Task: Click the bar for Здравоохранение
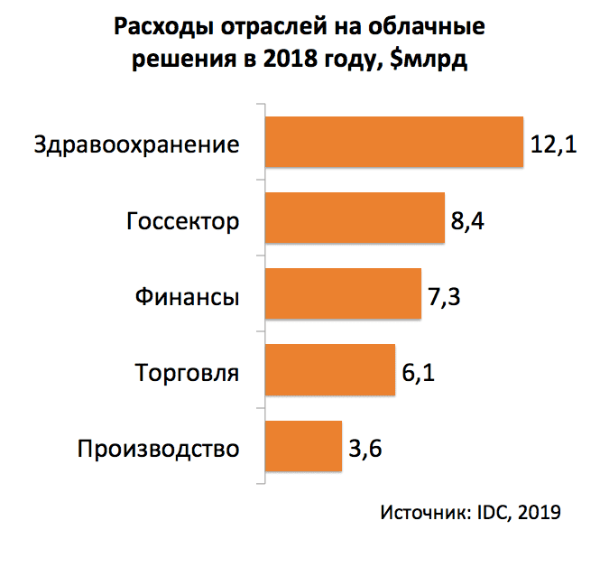pyautogui.click(x=393, y=143)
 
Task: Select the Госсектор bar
pyautogui.click(x=354, y=218)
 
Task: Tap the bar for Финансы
pyautogui.click(x=343, y=294)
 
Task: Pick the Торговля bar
pyautogui.click(x=329, y=370)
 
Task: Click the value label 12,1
pyautogui.click(x=553, y=144)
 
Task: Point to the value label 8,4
pyautogui.click(x=469, y=220)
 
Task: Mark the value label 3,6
pyautogui.click(x=365, y=448)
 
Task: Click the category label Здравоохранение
pyautogui.click(x=136, y=144)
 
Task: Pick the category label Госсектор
pyautogui.click(x=183, y=220)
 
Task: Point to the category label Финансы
pyautogui.click(x=187, y=296)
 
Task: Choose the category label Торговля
pyautogui.click(x=187, y=372)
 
